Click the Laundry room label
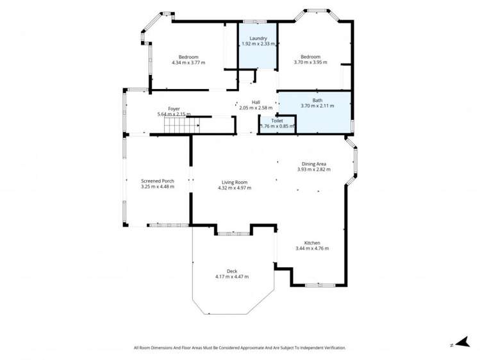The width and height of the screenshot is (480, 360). [258, 38]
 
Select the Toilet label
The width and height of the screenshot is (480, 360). [277, 120]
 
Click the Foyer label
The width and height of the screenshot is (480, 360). [174, 109]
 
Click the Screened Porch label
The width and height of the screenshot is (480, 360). [158, 181]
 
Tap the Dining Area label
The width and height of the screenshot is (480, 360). [313, 164]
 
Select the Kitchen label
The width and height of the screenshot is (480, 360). [312, 243]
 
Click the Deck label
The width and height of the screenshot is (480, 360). [231, 271]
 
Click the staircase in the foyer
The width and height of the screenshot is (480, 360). [178, 126]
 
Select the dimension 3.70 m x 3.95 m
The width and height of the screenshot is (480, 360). [310, 63]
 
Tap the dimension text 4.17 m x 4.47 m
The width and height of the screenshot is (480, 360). [231, 277]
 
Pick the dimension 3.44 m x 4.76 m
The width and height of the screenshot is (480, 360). [312, 249]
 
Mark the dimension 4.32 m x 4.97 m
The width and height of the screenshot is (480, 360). [235, 188]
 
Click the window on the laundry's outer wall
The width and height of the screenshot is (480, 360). [258, 22]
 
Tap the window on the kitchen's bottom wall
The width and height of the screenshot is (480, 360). [318, 285]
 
